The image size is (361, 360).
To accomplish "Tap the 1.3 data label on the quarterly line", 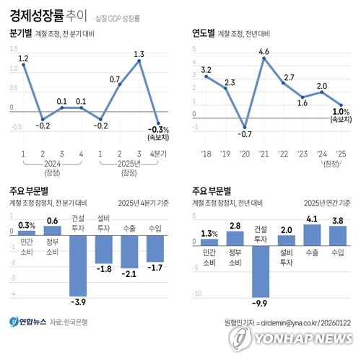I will click(139, 53).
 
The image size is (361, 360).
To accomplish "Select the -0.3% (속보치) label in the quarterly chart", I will click(160, 134).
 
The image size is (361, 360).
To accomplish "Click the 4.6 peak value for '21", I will click(264, 51).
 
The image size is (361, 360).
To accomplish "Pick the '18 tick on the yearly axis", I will click(206, 154).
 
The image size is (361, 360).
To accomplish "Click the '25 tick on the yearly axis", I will click(341, 154).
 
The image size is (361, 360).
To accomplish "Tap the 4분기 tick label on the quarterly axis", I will click(158, 154).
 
